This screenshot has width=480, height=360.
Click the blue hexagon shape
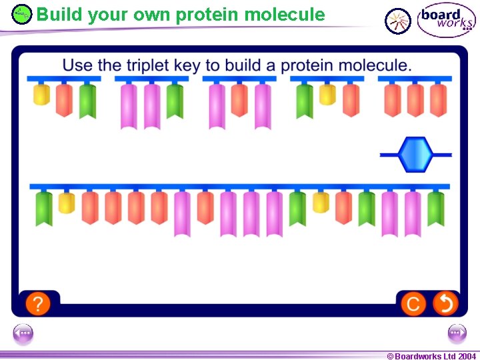point(416,155)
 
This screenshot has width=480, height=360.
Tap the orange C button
point(413,304)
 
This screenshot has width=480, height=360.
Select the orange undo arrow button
point(445,304)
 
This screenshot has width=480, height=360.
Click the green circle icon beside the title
point(22,14)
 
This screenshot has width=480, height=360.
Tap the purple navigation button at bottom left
point(23,333)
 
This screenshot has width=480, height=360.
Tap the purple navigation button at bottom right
point(457,333)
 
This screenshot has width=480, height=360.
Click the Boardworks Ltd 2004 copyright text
point(431,356)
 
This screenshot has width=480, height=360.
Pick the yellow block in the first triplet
point(41,95)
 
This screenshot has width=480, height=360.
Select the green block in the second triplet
point(175,101)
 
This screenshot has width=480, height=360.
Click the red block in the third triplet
point(239,100)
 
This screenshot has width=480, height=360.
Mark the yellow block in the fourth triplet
point(327,95)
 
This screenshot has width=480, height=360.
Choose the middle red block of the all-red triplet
point(415,100)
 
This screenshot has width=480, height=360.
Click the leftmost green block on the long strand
point(44,208)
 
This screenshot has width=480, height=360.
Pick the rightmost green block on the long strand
point(436,208)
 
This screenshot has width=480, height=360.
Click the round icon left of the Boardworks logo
point(398,21)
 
